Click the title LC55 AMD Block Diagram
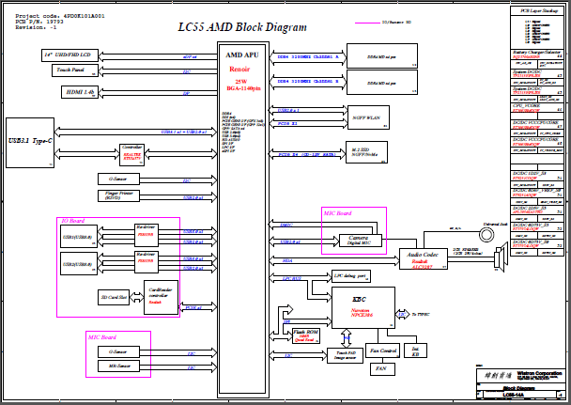pos(241,27)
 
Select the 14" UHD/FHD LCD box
pos(73,56)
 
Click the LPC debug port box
pos(349,275)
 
